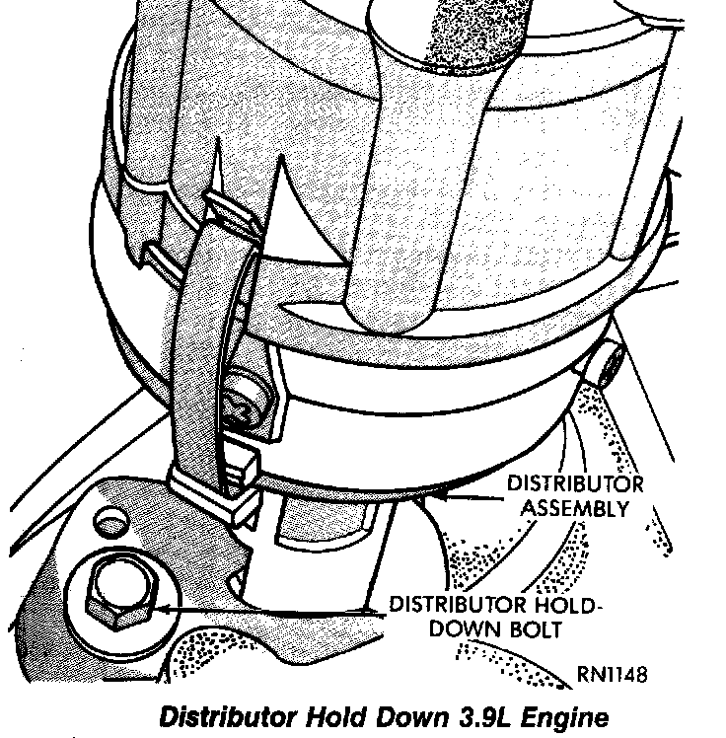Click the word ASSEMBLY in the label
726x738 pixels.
point(575,509)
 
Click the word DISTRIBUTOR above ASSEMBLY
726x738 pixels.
point(575,484)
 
